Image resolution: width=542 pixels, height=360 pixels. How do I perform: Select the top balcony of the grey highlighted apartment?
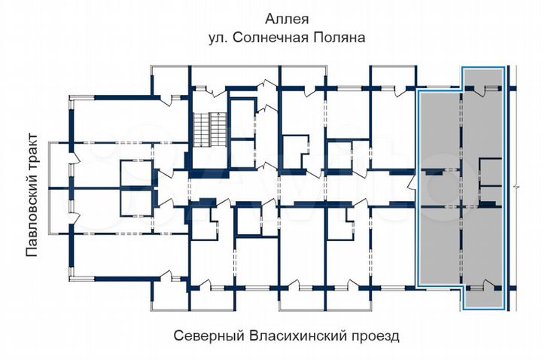[483, 78]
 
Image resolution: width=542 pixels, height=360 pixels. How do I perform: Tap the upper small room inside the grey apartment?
[490, 172]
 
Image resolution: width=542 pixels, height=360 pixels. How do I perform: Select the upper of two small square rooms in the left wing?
[135, 171]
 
